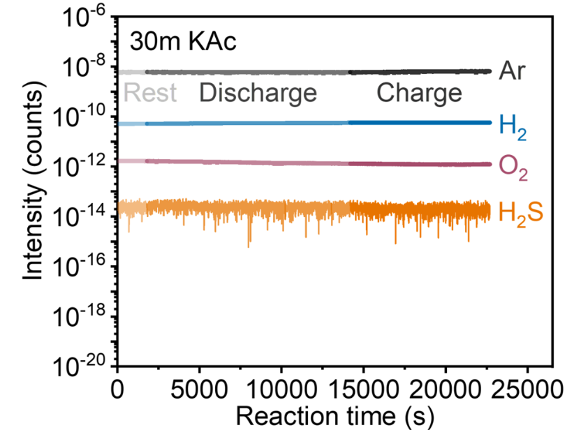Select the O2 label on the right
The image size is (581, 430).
tap(513, 168)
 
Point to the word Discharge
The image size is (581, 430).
tap(258, 93)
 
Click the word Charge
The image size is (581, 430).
tap(419, 93)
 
